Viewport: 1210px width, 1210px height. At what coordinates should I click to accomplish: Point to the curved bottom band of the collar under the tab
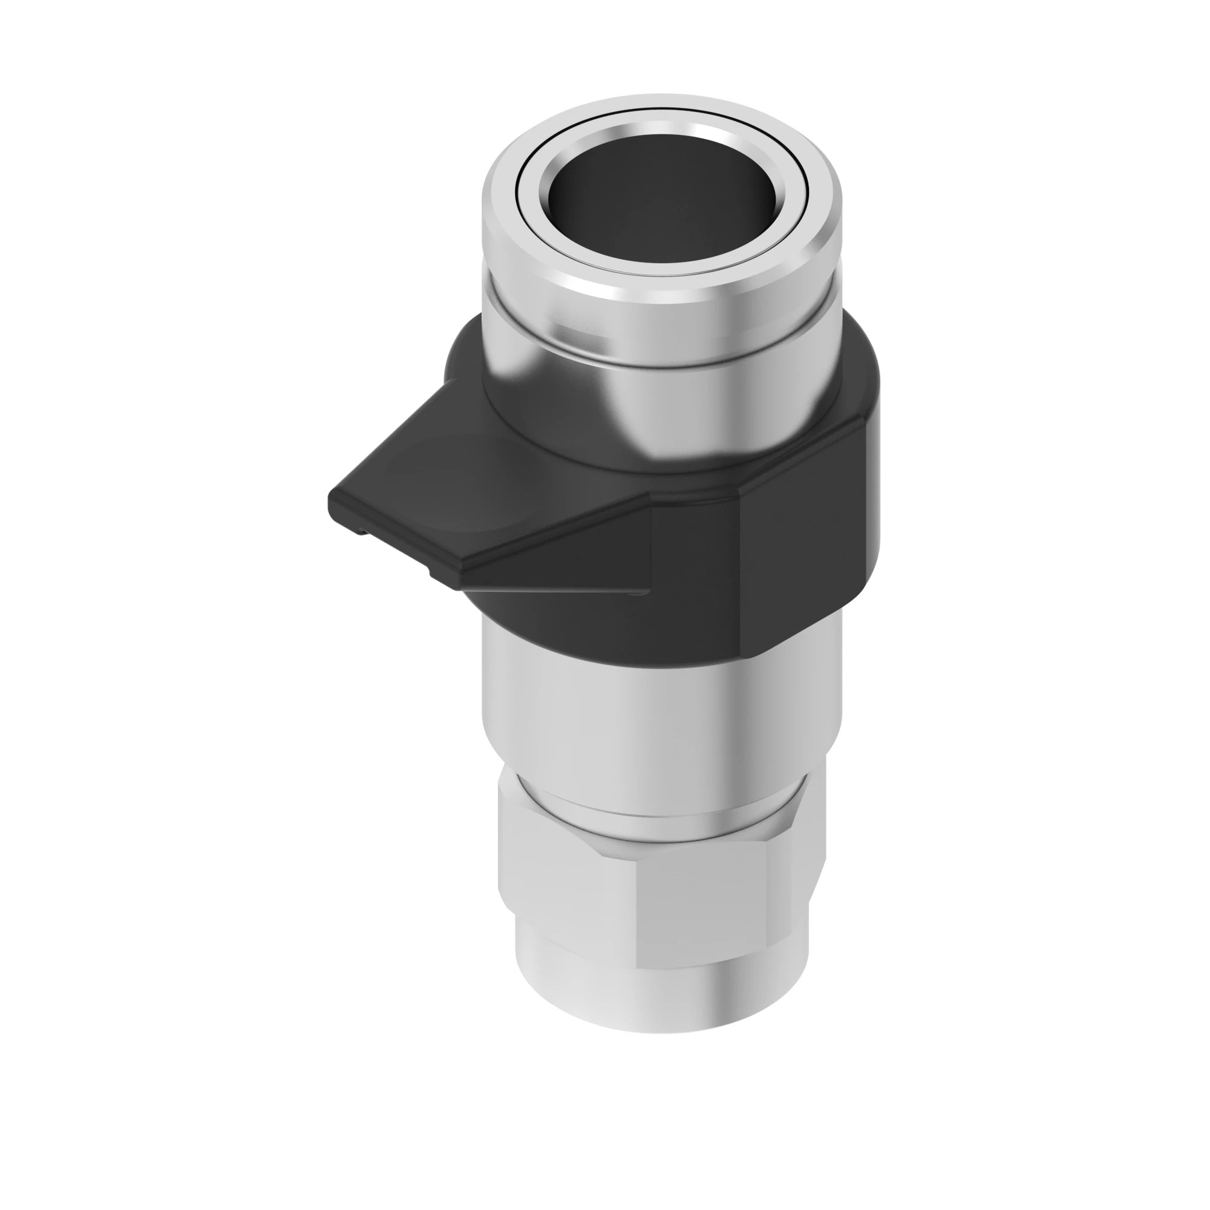coord(564,620)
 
